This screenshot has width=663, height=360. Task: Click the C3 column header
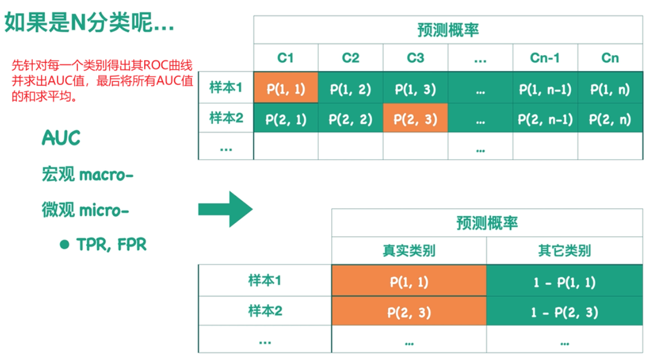415,58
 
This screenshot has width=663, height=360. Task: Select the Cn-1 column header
545,58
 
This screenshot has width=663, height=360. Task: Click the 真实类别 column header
409,251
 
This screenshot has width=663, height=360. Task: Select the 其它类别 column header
564,251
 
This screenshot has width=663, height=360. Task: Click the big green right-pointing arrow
225,209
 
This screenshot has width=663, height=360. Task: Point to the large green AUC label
61,139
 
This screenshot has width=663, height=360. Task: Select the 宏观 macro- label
87,175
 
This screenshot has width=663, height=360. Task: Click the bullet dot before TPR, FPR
65,245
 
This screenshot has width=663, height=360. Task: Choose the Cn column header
610,58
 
